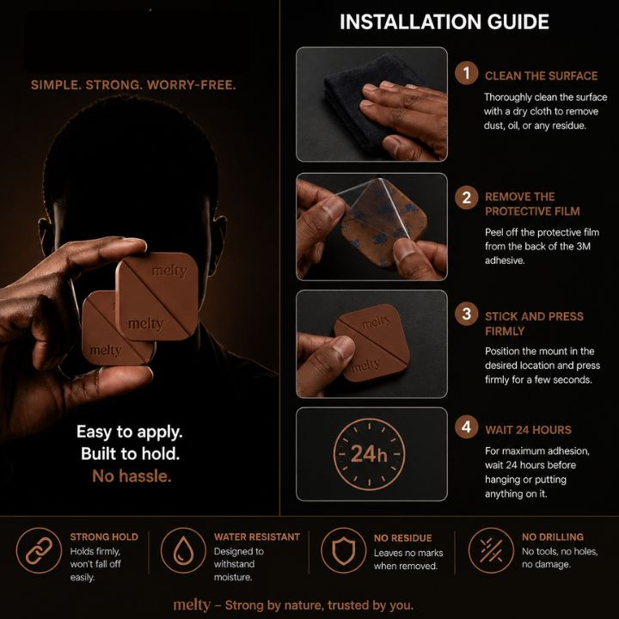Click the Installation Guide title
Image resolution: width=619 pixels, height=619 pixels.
coord(444,21)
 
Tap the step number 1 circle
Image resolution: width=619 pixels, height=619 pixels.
coord(466,73)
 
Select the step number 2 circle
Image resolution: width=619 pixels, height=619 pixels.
coord(466,198)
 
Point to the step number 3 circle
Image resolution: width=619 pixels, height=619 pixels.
coord(466,314)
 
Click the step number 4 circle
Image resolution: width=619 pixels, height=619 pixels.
coord(466,426)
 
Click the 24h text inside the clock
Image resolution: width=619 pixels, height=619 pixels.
coord(369,454)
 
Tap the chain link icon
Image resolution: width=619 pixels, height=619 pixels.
coord(39,551)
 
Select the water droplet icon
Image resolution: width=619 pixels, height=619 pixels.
coord(183,551)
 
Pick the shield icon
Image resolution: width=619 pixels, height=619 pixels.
coord(343,551)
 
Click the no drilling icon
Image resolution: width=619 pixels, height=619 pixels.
coord(491,551)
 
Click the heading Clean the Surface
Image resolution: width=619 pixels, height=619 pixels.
coord(542,76)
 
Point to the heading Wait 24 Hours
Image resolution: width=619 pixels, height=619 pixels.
coord(528,430)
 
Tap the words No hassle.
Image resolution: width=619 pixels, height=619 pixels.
coord(132,476)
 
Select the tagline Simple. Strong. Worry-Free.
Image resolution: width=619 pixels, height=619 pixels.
coord(133,85)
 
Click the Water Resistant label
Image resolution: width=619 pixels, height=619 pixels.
coord(257,536)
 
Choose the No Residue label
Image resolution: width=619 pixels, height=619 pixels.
coord(402,537)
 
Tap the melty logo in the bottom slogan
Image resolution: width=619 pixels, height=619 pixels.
coord(192,604)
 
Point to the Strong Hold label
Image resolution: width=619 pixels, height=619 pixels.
coord(104,536)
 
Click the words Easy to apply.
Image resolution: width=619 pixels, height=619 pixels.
coord(130,432)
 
